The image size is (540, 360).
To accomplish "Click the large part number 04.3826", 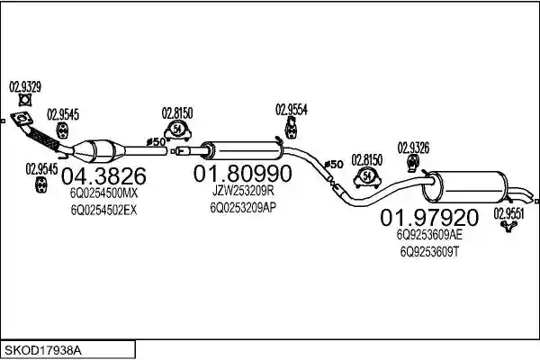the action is [x=103, y=176].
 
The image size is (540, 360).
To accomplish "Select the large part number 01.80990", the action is [x=242, y=174].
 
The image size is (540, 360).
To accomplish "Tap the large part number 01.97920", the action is [x=429, y=217].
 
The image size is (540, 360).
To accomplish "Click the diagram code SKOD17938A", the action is [x=43, y=351].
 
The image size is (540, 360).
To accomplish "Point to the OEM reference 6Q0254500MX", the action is [x=104, y=193].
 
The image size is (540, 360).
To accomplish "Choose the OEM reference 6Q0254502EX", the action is [x=104, y=210].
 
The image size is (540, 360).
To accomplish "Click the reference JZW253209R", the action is [x=243, y=191].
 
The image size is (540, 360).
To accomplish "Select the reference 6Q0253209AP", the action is [x=243, y=207].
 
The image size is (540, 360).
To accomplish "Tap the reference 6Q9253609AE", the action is [x=429, y=235].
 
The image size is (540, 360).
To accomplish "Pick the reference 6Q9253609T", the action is [x=429, y=252].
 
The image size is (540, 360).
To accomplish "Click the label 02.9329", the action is [x=25, y=86].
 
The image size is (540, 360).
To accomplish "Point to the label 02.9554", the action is [x=292, y=110].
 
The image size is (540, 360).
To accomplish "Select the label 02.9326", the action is [x=413, y=148].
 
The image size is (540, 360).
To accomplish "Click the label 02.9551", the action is [x=509, y=213].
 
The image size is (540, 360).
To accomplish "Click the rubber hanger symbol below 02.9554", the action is [x=292, y=128].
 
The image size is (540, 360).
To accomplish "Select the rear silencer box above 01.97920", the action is [x=465, y=186].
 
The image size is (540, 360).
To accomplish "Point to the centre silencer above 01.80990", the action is [x=242, y=150].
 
